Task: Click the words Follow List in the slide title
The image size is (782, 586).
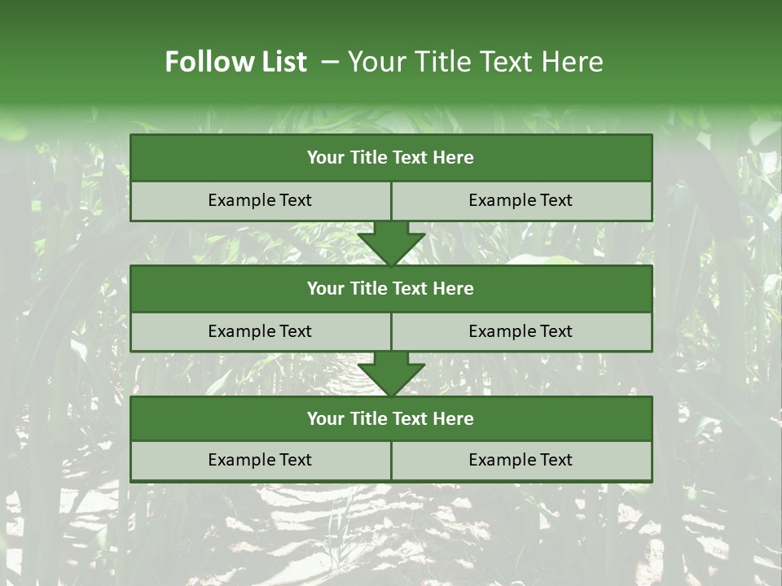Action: coord(235,62)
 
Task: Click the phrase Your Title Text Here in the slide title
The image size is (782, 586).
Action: coord(475,62)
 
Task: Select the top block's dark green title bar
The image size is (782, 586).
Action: coord(391,158)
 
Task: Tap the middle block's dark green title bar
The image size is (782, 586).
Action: coord(391,288)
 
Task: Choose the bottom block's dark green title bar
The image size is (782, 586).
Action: coord(391,418)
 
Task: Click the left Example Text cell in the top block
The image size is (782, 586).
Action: coord(260,200)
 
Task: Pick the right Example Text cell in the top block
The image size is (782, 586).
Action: coord(521,200)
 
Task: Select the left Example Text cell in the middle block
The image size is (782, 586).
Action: coord(260,331)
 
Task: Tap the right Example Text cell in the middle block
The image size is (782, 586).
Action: coord(521,331)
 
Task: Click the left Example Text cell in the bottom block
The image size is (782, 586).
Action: coord(260,460)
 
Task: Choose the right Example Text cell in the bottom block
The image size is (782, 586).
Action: coord(521,460)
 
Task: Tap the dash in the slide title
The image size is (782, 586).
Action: coord(330,62)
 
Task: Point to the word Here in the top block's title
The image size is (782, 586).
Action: coord(454,158)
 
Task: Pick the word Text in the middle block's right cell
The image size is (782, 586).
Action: coord(556,331)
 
